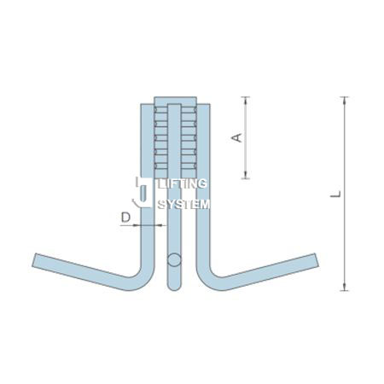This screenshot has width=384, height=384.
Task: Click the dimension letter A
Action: click(236, 137)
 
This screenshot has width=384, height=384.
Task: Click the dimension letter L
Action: click(335, 195)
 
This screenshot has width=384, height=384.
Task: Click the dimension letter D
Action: click(125, 218)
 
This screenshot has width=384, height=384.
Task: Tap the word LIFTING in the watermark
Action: click(183, 183)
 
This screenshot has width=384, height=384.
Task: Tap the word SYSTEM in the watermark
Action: click(184, 204)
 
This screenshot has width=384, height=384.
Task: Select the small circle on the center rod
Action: click(174, 259)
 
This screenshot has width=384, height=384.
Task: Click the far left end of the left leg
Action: click(34, 260)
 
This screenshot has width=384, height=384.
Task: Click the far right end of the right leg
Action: click(316, 260)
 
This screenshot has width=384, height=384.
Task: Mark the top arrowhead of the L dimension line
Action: click(345, 100)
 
